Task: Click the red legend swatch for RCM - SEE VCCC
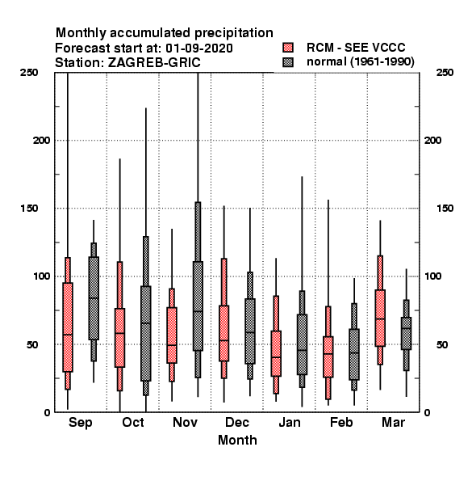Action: [288, 48]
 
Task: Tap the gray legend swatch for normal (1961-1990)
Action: [288, 62]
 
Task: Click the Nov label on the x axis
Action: [185, 423]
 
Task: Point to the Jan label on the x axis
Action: [289, 423]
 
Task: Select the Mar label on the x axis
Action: [393, 423]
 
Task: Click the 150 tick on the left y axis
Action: [29, 209]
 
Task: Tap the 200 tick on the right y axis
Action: [432, 140]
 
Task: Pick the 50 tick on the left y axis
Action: [31, 344]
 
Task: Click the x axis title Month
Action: [237, 441]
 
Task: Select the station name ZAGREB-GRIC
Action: [154, 63]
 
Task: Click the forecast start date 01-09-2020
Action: [199, 48]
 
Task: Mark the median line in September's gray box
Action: [94, 297]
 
